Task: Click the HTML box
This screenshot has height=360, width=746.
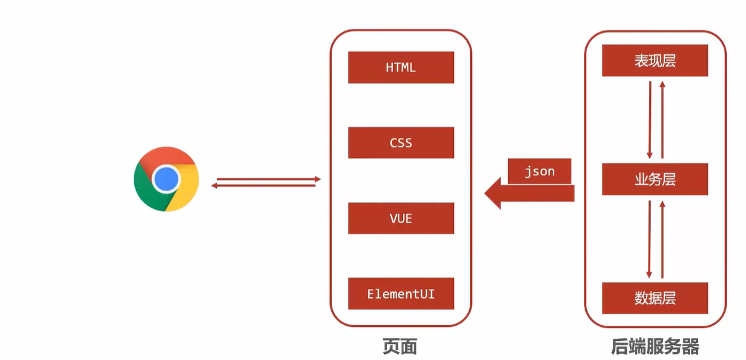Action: [400, 67]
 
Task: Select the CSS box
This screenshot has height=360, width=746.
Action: [400, 143]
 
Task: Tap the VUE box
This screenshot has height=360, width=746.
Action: [400, 218]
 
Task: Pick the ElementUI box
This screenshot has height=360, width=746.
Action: [400, 294]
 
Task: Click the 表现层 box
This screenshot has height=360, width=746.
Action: [655, 61]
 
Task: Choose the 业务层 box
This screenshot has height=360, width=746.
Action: [655, 179]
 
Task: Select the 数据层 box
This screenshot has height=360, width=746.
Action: [655, 297]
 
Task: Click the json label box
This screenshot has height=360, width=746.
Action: [539, 171]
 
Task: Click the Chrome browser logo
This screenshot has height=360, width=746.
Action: [166, 179]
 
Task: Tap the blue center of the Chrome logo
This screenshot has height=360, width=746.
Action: [166, 179]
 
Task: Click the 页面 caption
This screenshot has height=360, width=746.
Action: [400, 346]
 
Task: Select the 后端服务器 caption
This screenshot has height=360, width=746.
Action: [655, 347]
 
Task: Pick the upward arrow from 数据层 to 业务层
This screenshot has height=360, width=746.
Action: [662, 238]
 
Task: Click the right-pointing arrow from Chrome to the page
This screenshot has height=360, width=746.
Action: [268, 179]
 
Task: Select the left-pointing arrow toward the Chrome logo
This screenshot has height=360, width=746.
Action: [264, 185]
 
